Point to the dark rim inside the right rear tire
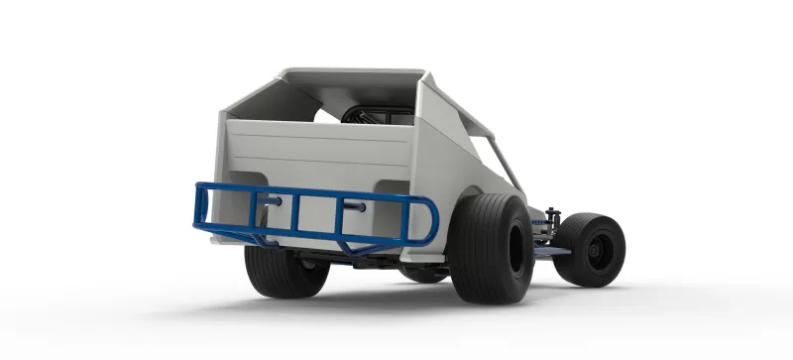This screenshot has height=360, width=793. (515, 248)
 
